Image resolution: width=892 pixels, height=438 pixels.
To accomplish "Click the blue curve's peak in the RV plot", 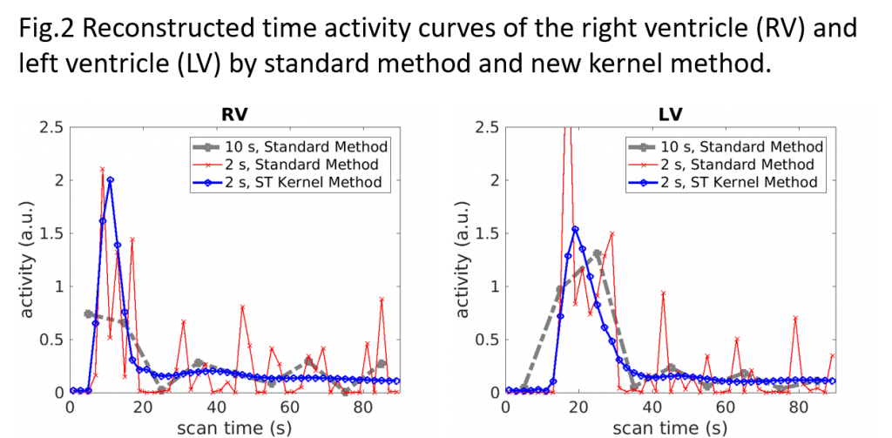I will [x=110, y=180].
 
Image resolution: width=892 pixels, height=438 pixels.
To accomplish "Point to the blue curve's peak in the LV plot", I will [x=575, y=229].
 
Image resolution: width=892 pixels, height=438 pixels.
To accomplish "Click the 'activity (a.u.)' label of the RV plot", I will [x=27, y=259].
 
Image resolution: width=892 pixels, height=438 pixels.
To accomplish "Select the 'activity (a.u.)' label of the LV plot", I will [x=463, y=259].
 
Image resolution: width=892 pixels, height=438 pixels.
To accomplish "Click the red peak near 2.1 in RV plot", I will [x=102, y=169].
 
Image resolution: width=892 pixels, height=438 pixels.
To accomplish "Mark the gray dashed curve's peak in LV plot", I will [x=598, y=253].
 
